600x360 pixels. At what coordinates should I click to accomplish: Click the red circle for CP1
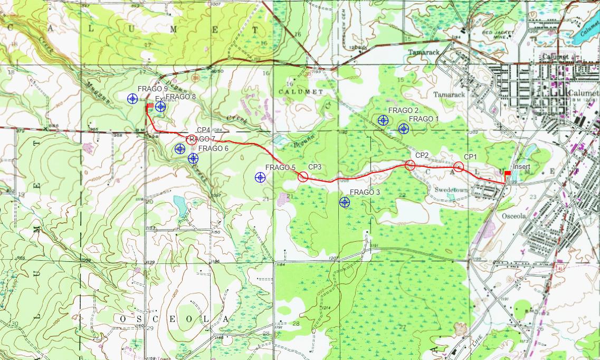(x=459, y=167)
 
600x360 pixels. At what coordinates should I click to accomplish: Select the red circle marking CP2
(x=410, y=165)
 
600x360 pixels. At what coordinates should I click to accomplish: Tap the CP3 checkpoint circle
(x=303, y=177)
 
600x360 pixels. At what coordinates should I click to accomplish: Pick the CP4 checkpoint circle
(x=192, y=140)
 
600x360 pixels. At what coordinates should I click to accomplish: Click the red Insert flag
(x=507, y=174)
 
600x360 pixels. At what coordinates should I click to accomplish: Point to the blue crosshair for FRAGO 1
(x=404, y=129)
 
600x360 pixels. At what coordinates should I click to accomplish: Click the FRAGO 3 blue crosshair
(x=345, y=202)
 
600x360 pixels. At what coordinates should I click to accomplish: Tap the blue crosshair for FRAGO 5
(x=260, y=178)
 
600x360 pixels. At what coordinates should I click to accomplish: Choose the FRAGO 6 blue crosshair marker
(x=180, y=149)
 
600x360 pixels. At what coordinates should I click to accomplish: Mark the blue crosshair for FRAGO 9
(x=132, y=98)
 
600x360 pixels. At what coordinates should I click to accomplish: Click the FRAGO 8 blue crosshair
(x=160, y=107)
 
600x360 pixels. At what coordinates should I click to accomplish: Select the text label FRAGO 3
(x=365, y=192)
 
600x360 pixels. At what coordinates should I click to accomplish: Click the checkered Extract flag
(x=150, y=106)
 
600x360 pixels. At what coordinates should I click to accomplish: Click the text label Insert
(x=521, y=167)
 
